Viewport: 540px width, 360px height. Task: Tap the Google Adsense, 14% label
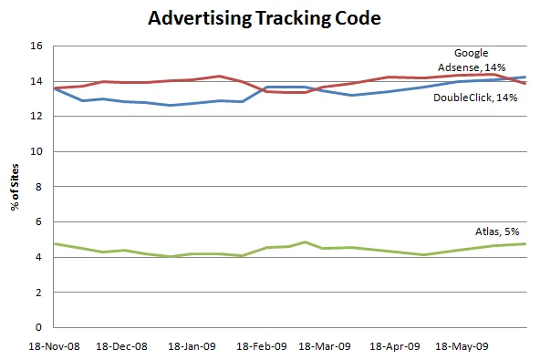click(x=479, y=59)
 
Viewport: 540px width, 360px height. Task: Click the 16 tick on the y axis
click(x=36, y=46)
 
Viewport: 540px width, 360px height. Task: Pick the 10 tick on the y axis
click(x=36, y=152)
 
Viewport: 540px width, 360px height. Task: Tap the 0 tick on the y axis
click(x=39, y=327)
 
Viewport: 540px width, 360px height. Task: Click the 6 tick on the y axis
click(x=39, y=222)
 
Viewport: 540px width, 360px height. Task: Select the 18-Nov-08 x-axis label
click(x=54, y=346)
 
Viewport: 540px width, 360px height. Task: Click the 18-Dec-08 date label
click(x=122, y=346)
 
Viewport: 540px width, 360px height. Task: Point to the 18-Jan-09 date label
click(x=192, y=346)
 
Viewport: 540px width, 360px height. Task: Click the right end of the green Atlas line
click(x=525, y=243)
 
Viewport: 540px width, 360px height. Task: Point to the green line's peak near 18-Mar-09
click(x=306, y=242)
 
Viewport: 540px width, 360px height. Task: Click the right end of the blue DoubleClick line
click(x=525, y=77)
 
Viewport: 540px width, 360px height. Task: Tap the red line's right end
click(x=525, y=83)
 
